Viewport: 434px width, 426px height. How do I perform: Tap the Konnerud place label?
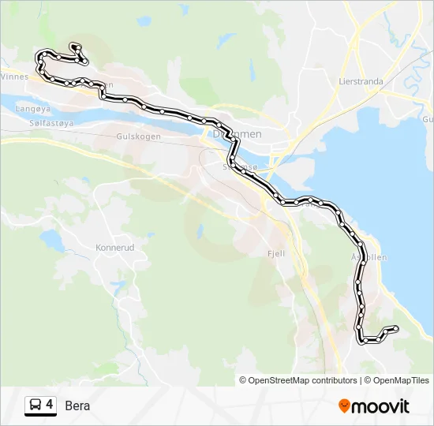click(115, 247)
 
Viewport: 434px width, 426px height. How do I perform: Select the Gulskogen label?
click(138, 136)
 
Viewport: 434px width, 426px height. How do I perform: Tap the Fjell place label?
click(276, 254)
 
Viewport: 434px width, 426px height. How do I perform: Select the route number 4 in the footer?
click(50, 405)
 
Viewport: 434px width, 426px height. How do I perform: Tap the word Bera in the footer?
click(77, 405)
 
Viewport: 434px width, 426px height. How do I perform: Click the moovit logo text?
click(380, 406)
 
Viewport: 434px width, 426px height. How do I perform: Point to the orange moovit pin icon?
click(344, 406)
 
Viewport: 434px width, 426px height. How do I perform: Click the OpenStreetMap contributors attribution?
click(298, 380)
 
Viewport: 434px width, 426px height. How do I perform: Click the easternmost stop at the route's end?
click(395, 328)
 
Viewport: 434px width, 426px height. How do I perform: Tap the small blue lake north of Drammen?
click(227, 40)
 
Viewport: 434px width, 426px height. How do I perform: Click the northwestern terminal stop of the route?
click(73, 46)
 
